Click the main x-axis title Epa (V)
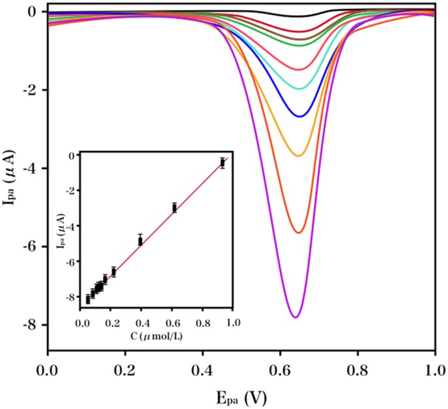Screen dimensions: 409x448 [x=241, y=396]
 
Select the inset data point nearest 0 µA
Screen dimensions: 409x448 [x=222, y=163]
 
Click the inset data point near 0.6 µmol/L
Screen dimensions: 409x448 [x=174, y=208]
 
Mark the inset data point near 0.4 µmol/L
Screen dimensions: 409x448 [x=140, y=240]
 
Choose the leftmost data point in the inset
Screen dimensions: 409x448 [x=88, y=299]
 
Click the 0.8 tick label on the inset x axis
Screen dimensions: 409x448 [x=203, y=322]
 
